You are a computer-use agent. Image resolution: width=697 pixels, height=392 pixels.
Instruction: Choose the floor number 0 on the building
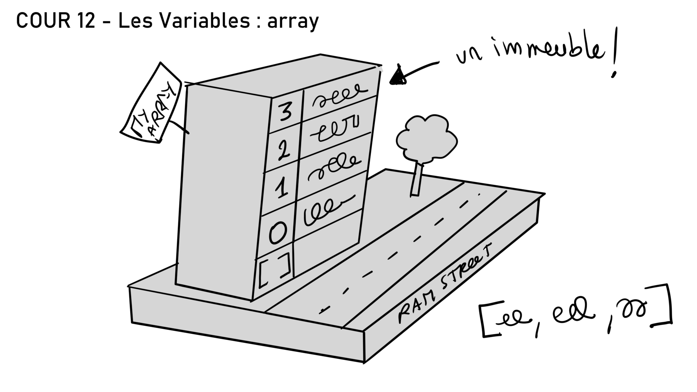pos(277,233)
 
